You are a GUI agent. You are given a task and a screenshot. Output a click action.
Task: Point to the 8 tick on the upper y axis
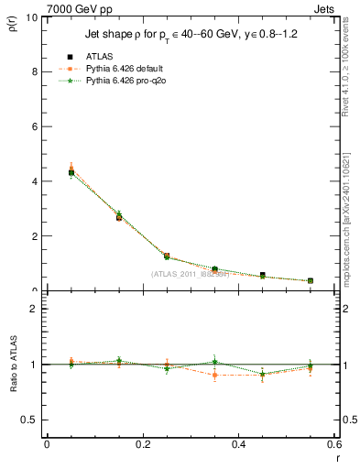tap(32, 71)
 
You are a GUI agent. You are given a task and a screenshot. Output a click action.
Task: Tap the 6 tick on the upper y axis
tap(32, 126)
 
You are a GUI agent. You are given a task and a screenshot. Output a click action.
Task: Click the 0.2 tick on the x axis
tap(142, 445)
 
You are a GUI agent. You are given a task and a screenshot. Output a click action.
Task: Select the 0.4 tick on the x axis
tap(238, 445)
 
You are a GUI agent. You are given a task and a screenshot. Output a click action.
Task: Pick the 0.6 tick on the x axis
tap(333, 445)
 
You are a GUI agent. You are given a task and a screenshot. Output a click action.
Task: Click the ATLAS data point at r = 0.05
tap(71, 172)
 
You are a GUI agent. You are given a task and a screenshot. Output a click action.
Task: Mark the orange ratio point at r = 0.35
tap(214, 375)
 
